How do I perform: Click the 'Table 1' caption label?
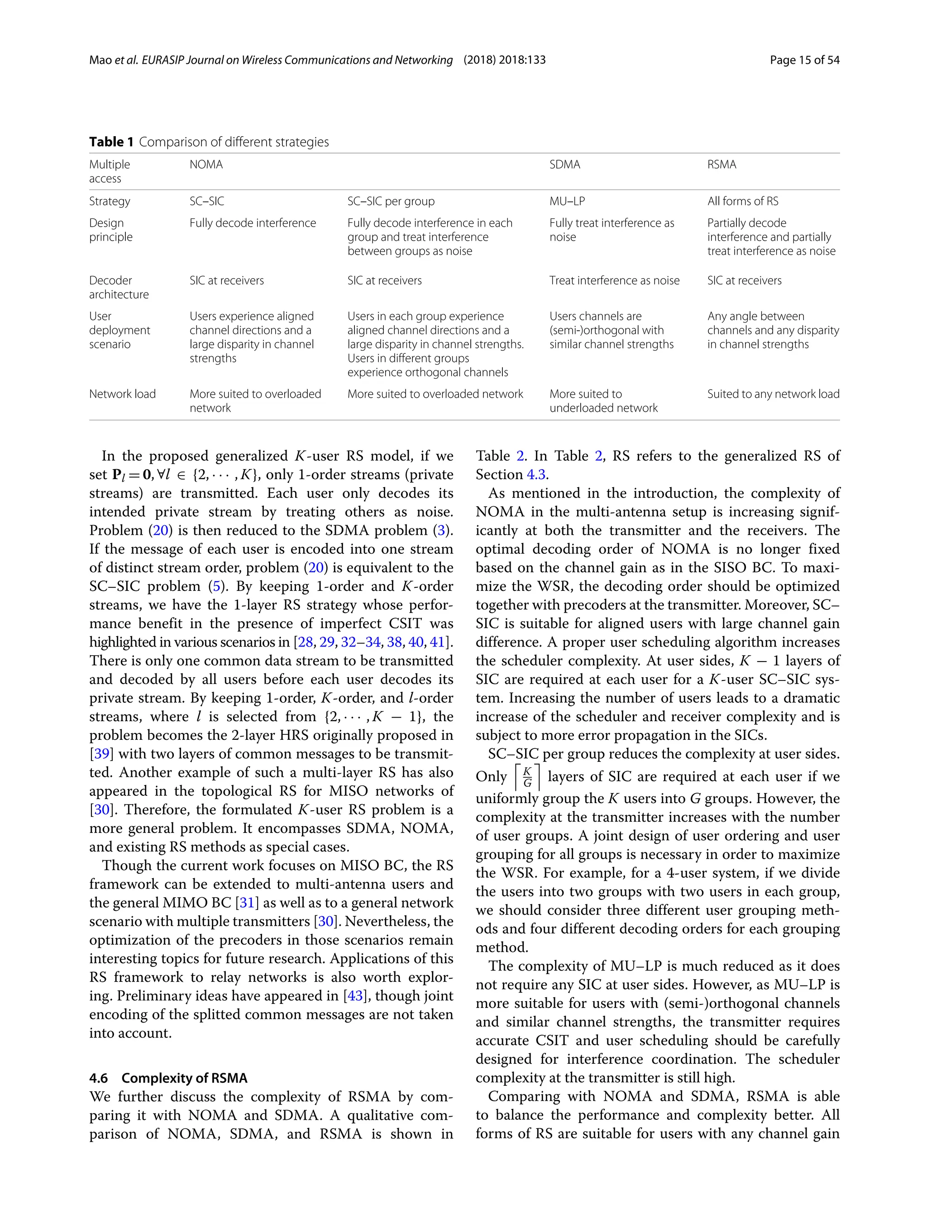tap(111, 142)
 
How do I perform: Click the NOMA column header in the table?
tap(205, 164)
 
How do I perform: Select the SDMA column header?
tap(564, 164)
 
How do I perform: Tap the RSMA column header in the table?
tap(722, 164)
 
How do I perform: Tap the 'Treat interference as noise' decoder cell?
tap(614, 280)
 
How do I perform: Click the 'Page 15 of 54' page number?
tap(804, 60)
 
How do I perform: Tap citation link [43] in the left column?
tap(354, 995)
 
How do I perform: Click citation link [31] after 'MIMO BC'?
tap(247, 902)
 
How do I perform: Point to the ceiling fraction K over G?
tap(527, 777)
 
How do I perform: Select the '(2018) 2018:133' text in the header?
tap(504, 60)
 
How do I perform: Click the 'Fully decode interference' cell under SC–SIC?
tap(253, 223)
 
